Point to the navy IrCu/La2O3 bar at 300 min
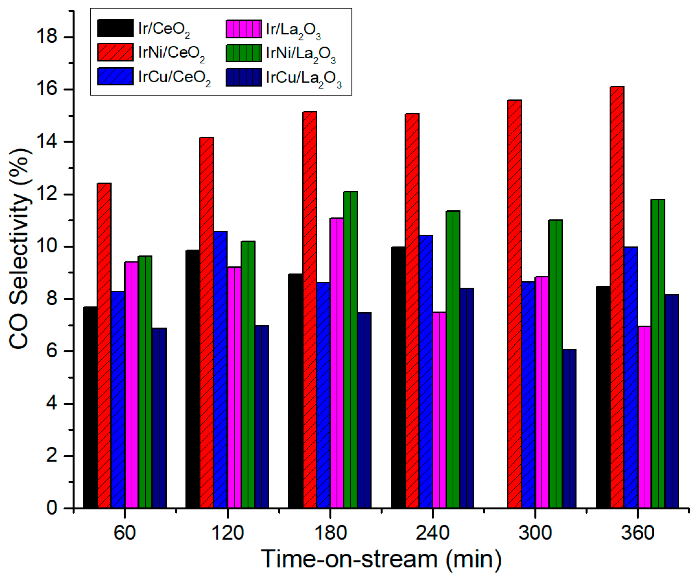[569, 429]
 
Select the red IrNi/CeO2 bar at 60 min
[104, 346]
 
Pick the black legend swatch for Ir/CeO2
[115, 28]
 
